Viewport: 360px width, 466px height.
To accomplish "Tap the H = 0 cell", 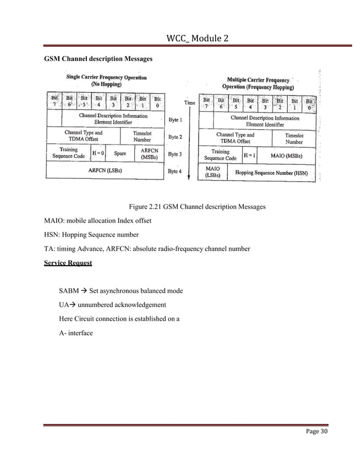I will coord(98,152).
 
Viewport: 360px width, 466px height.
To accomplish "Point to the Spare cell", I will coord(120,152).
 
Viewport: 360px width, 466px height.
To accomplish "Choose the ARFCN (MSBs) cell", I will coord(148,153).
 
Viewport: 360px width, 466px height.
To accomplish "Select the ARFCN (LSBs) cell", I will coord(106,169).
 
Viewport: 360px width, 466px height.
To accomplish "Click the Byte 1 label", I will coord(175,120).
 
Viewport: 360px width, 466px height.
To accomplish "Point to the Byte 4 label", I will coord(175,171).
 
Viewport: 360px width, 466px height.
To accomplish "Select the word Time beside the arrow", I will coord(190,103).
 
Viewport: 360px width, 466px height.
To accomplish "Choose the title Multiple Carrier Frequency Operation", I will coord(260,84).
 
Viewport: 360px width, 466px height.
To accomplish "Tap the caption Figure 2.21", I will coord(197,207).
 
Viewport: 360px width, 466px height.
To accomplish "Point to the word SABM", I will coord(68,291).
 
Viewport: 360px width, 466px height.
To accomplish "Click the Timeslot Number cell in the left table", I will coord(142,136).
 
